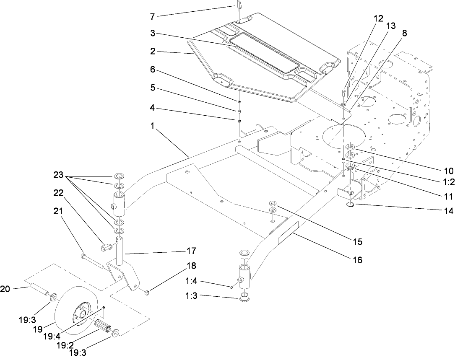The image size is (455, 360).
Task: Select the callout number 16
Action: click(x=357, y=260)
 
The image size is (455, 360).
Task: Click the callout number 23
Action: click(x=60, y=174)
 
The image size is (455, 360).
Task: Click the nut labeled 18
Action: click(x=147, y=291)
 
